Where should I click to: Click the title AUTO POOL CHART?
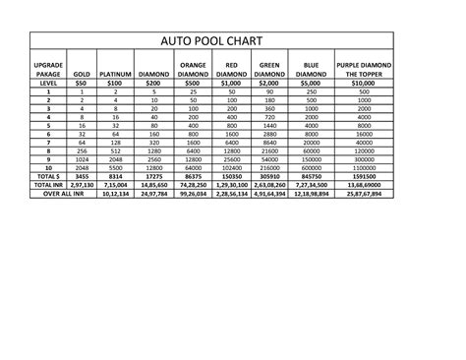212,42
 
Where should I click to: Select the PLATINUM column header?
116,74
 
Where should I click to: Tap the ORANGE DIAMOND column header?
193,69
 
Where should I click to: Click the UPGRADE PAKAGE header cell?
47,69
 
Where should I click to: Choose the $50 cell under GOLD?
82,84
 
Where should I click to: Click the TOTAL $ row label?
47,175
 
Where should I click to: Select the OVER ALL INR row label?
47,193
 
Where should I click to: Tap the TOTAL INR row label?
47,184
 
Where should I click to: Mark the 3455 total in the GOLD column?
82,175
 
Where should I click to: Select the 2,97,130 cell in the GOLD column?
82,184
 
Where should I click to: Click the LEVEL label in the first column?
47,84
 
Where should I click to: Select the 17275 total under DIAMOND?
153,175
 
